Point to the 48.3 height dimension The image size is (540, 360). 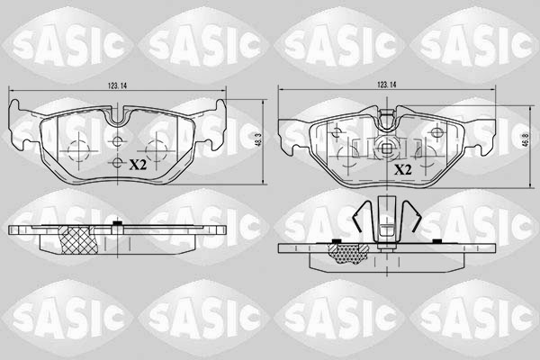(257, 141)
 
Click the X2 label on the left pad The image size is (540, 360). (138, 165)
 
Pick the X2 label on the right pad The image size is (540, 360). (402, 169)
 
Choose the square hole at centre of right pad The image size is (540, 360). (388, 151)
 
